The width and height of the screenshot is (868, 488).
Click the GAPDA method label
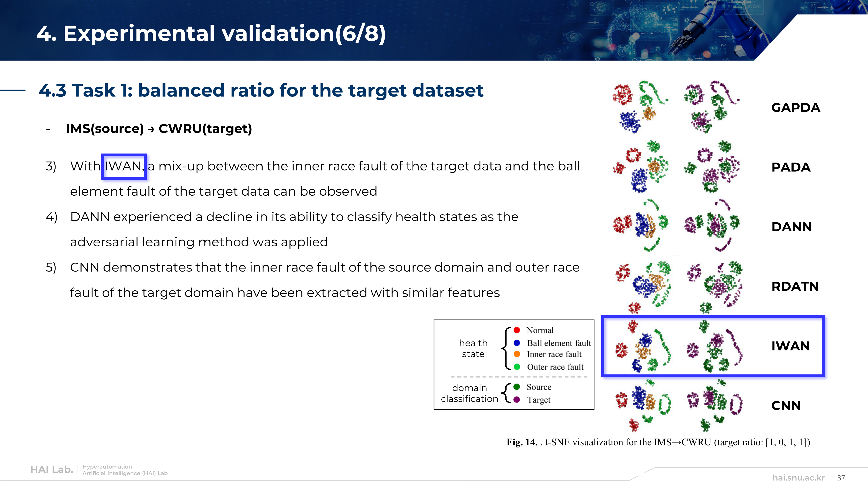coord(796,108)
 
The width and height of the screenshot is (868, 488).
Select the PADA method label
coord(791,167)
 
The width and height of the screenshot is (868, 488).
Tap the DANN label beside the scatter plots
coord(792,227)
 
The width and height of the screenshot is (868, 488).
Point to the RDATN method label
coord(795,287)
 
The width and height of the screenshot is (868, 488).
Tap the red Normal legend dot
coord(516,330)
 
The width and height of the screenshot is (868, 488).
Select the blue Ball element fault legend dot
coord(516,343)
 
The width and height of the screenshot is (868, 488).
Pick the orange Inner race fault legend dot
coord(516,354)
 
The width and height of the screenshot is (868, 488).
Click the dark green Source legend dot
coord(516,387)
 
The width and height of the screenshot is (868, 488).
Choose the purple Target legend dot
coord(516,400)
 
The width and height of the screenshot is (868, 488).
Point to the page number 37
coord(841,478)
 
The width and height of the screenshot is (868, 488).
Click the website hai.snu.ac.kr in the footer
coord(799,478)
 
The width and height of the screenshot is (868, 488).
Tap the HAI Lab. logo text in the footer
coord(52,470)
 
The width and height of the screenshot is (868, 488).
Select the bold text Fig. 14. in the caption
coord(522,442)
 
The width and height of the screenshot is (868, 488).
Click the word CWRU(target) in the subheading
coord(205,129)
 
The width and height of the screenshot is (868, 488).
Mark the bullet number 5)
coord(51,267)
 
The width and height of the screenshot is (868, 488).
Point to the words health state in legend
coord(473,349)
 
